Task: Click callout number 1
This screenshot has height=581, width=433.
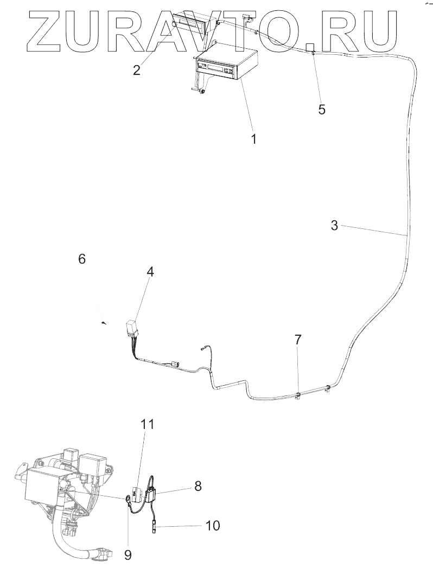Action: click(x=253, y=138)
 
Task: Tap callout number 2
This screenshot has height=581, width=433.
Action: click(x=137, y=70)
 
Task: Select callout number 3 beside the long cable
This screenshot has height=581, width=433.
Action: click(x=335, y=225)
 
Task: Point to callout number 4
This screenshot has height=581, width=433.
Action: click(x=150, y=272)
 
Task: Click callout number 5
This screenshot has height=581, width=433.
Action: click(x=322, y=109)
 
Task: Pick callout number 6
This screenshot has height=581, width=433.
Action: click(x=82, y=259)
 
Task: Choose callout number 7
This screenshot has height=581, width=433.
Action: click(x=298, y=340)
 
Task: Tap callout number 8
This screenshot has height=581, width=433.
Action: click(x=198, y=486)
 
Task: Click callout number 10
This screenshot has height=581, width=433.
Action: click(x=212, y=525)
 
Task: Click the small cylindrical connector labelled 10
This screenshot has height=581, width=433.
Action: click(x=154, y=525)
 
